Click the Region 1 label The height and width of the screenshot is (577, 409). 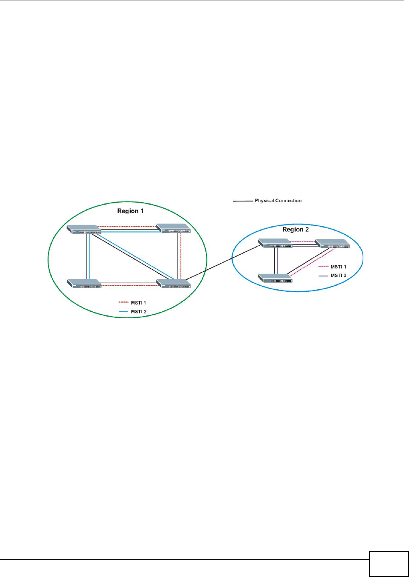[x=130, y=211]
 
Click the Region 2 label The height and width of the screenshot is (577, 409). [x=296, y=230]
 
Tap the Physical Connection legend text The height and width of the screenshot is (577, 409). [x=278, y=201]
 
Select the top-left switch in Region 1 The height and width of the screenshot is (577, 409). [x=84, y=230]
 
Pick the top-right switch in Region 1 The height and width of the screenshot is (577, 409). [x=174, y=228]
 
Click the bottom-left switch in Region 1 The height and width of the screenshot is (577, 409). [x=84, y=283]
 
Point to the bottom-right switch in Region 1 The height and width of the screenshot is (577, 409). [x=174, y=283]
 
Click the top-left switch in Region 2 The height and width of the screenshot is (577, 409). [x=275, y=243]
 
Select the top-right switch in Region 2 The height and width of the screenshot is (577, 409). [x=332, y=244]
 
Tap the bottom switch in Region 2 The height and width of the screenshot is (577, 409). [x=275, y=278]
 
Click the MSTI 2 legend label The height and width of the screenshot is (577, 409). [x=139, y=312]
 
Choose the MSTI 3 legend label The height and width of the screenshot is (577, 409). [x=338, y=276]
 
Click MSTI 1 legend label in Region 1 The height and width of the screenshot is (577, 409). [x=139, y=303]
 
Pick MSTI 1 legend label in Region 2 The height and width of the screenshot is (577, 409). [x=338, y=267]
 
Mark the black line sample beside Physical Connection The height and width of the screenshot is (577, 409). [x=243, y=201]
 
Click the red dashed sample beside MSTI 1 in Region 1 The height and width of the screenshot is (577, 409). [x=124, y=303]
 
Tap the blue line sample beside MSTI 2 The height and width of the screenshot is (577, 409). [x=124, y=312]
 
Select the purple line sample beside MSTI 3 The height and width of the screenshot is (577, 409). [x=324, y=276]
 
